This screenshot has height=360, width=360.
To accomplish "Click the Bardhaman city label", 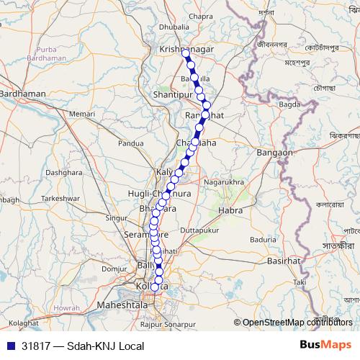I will click(23, 94).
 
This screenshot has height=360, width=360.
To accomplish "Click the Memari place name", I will click(83, 114).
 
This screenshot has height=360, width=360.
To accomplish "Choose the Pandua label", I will click(131, 143).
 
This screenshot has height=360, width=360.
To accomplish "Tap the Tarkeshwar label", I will click(58, 197).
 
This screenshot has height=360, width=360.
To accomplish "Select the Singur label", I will click(117, 216).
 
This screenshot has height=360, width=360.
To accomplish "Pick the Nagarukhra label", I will click(223, 183).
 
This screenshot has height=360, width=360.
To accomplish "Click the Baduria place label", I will click(264, 238).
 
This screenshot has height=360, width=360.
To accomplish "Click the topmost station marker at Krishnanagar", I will click(185, 52).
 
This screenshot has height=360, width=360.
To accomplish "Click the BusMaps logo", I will click(326, 345).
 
